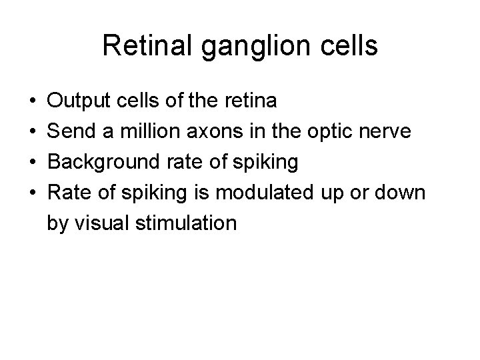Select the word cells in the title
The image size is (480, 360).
347,47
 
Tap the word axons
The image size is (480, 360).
211,131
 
